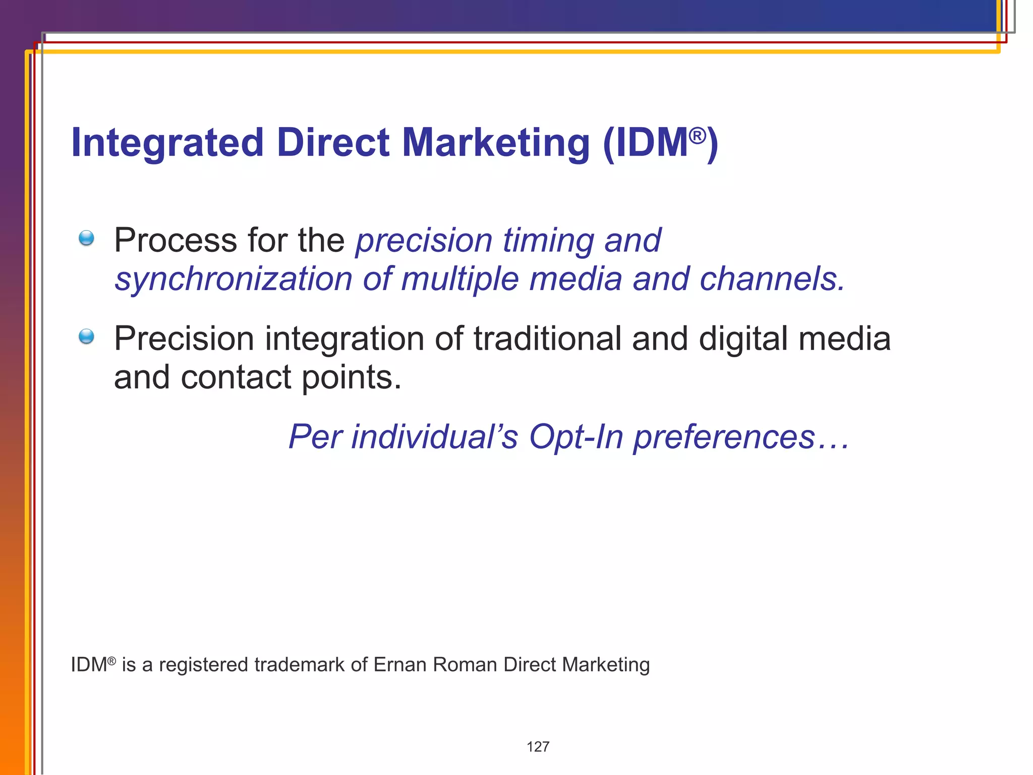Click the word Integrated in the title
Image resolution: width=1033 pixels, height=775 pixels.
167,143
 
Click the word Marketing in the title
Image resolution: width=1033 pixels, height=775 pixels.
495,143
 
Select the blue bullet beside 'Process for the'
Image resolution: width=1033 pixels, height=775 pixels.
87,238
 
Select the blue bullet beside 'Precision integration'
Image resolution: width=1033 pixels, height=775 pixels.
87,337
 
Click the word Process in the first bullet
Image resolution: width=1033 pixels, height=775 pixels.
175,240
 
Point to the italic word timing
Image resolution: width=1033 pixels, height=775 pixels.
548,240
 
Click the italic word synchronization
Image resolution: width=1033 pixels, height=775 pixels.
233,279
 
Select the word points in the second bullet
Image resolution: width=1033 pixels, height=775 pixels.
351,378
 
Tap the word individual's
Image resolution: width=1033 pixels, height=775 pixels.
434,436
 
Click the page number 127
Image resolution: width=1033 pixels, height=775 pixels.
538,747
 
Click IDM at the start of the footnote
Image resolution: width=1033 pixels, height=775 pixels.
89,665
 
